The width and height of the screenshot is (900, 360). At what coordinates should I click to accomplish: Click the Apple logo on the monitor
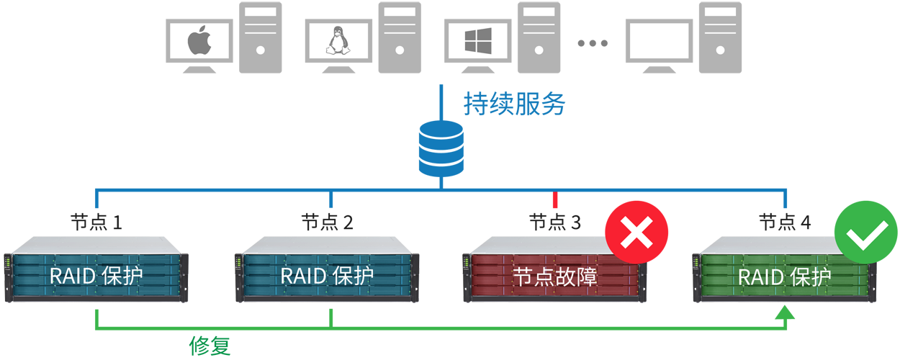tap(199, 41)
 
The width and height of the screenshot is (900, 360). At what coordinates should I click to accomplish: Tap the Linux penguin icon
tap(338, 41)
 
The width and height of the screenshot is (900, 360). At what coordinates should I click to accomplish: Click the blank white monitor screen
tap(659, 41)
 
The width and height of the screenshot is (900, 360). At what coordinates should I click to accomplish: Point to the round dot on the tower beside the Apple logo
tap(261, 50)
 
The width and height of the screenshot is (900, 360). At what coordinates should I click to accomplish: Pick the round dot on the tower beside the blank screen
tap(721, 50)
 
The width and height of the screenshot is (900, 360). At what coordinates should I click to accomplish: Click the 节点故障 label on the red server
tap(554, 277)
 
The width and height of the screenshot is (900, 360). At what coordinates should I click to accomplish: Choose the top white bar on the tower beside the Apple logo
tap(261, 13)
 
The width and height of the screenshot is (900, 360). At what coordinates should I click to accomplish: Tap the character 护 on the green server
tap(821, 277)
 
